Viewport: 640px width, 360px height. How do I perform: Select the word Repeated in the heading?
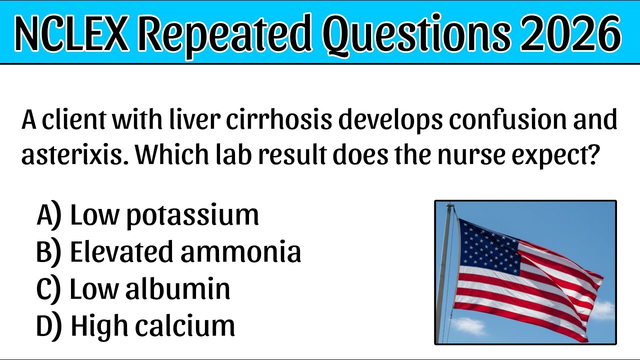tap(226, 33)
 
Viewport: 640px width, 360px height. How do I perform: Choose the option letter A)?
tap(49, 215)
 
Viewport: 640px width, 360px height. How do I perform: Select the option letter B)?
tap(48, 252)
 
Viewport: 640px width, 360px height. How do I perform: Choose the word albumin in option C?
tap(177, 289)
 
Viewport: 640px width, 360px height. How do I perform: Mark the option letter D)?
tap(49, 325)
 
